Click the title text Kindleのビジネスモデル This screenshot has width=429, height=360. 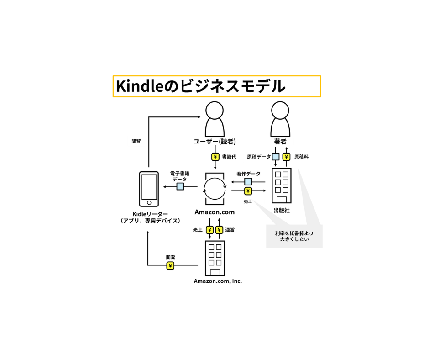(x=200, y=86)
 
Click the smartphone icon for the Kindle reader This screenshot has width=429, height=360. (x=149, y=189)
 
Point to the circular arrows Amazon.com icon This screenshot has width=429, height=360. (x=214, y=189)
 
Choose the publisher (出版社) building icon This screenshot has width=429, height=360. (x=281, y=185)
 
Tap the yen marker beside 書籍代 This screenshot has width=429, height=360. (x=215, y=157)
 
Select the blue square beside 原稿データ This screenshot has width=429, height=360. (x=276, y=157)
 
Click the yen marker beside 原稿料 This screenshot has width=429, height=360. (x=287, y=157)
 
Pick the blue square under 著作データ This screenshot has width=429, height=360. (x=248, y=182)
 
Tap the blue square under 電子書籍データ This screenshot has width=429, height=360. (x=180, y=186)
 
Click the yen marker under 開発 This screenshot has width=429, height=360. (x=170, y=265)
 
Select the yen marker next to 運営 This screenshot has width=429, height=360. (x=219, y=230)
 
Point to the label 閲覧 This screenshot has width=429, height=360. (x=136, y=141)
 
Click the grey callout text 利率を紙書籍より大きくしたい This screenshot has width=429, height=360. (x=294, y=236)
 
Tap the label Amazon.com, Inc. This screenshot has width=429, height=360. (x=218, y=281)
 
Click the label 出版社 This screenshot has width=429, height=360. (x=281, y=211)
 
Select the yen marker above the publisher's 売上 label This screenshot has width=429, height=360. (x=248, y=191)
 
